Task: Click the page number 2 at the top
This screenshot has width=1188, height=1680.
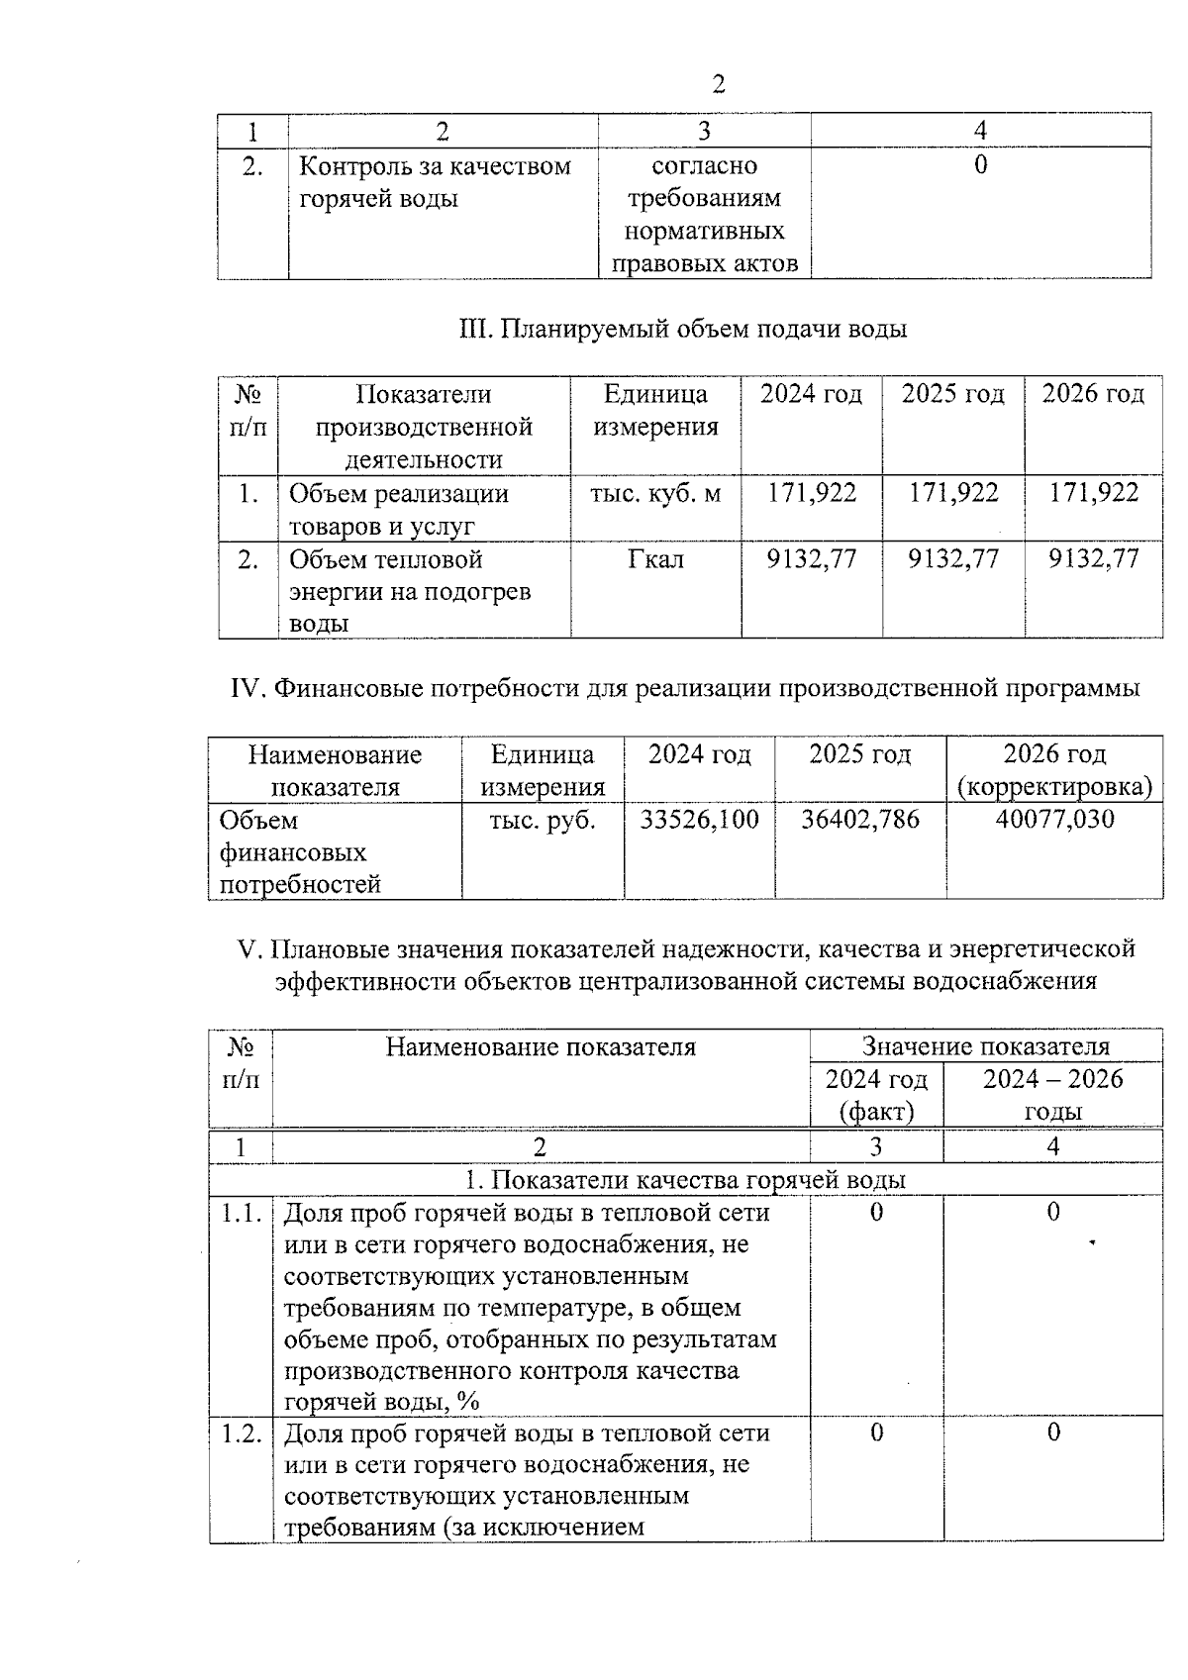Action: (719, 85)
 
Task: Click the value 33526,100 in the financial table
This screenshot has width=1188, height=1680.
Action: (699, 820)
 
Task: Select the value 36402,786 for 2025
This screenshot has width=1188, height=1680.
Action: (859, 820)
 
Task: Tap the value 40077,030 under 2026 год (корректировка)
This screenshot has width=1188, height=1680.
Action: (1053, 820)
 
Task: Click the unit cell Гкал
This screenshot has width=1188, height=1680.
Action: (654, 560)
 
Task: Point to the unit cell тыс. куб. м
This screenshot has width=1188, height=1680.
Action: (654, 493)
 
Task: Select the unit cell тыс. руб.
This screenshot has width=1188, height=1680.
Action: (543, 820)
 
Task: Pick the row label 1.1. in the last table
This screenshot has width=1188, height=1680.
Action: (241, 1213)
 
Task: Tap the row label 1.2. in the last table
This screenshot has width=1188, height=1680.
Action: (241, 1433)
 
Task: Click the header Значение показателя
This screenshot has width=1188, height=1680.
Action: (985, 1046)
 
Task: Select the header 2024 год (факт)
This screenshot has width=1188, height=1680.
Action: (876, 1094)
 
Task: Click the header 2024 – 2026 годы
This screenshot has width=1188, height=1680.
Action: (1052, 1094)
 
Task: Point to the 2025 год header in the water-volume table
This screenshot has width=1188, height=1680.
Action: (952, 394)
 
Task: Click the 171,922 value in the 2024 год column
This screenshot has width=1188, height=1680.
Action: (812, 493)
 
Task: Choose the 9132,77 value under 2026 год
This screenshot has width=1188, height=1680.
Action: (1093, 559)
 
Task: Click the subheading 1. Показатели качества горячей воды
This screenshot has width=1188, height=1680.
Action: (685, 1180)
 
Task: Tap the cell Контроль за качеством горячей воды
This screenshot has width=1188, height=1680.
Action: (436, 182)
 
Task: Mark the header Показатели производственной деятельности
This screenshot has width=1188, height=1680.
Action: (424, 427)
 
